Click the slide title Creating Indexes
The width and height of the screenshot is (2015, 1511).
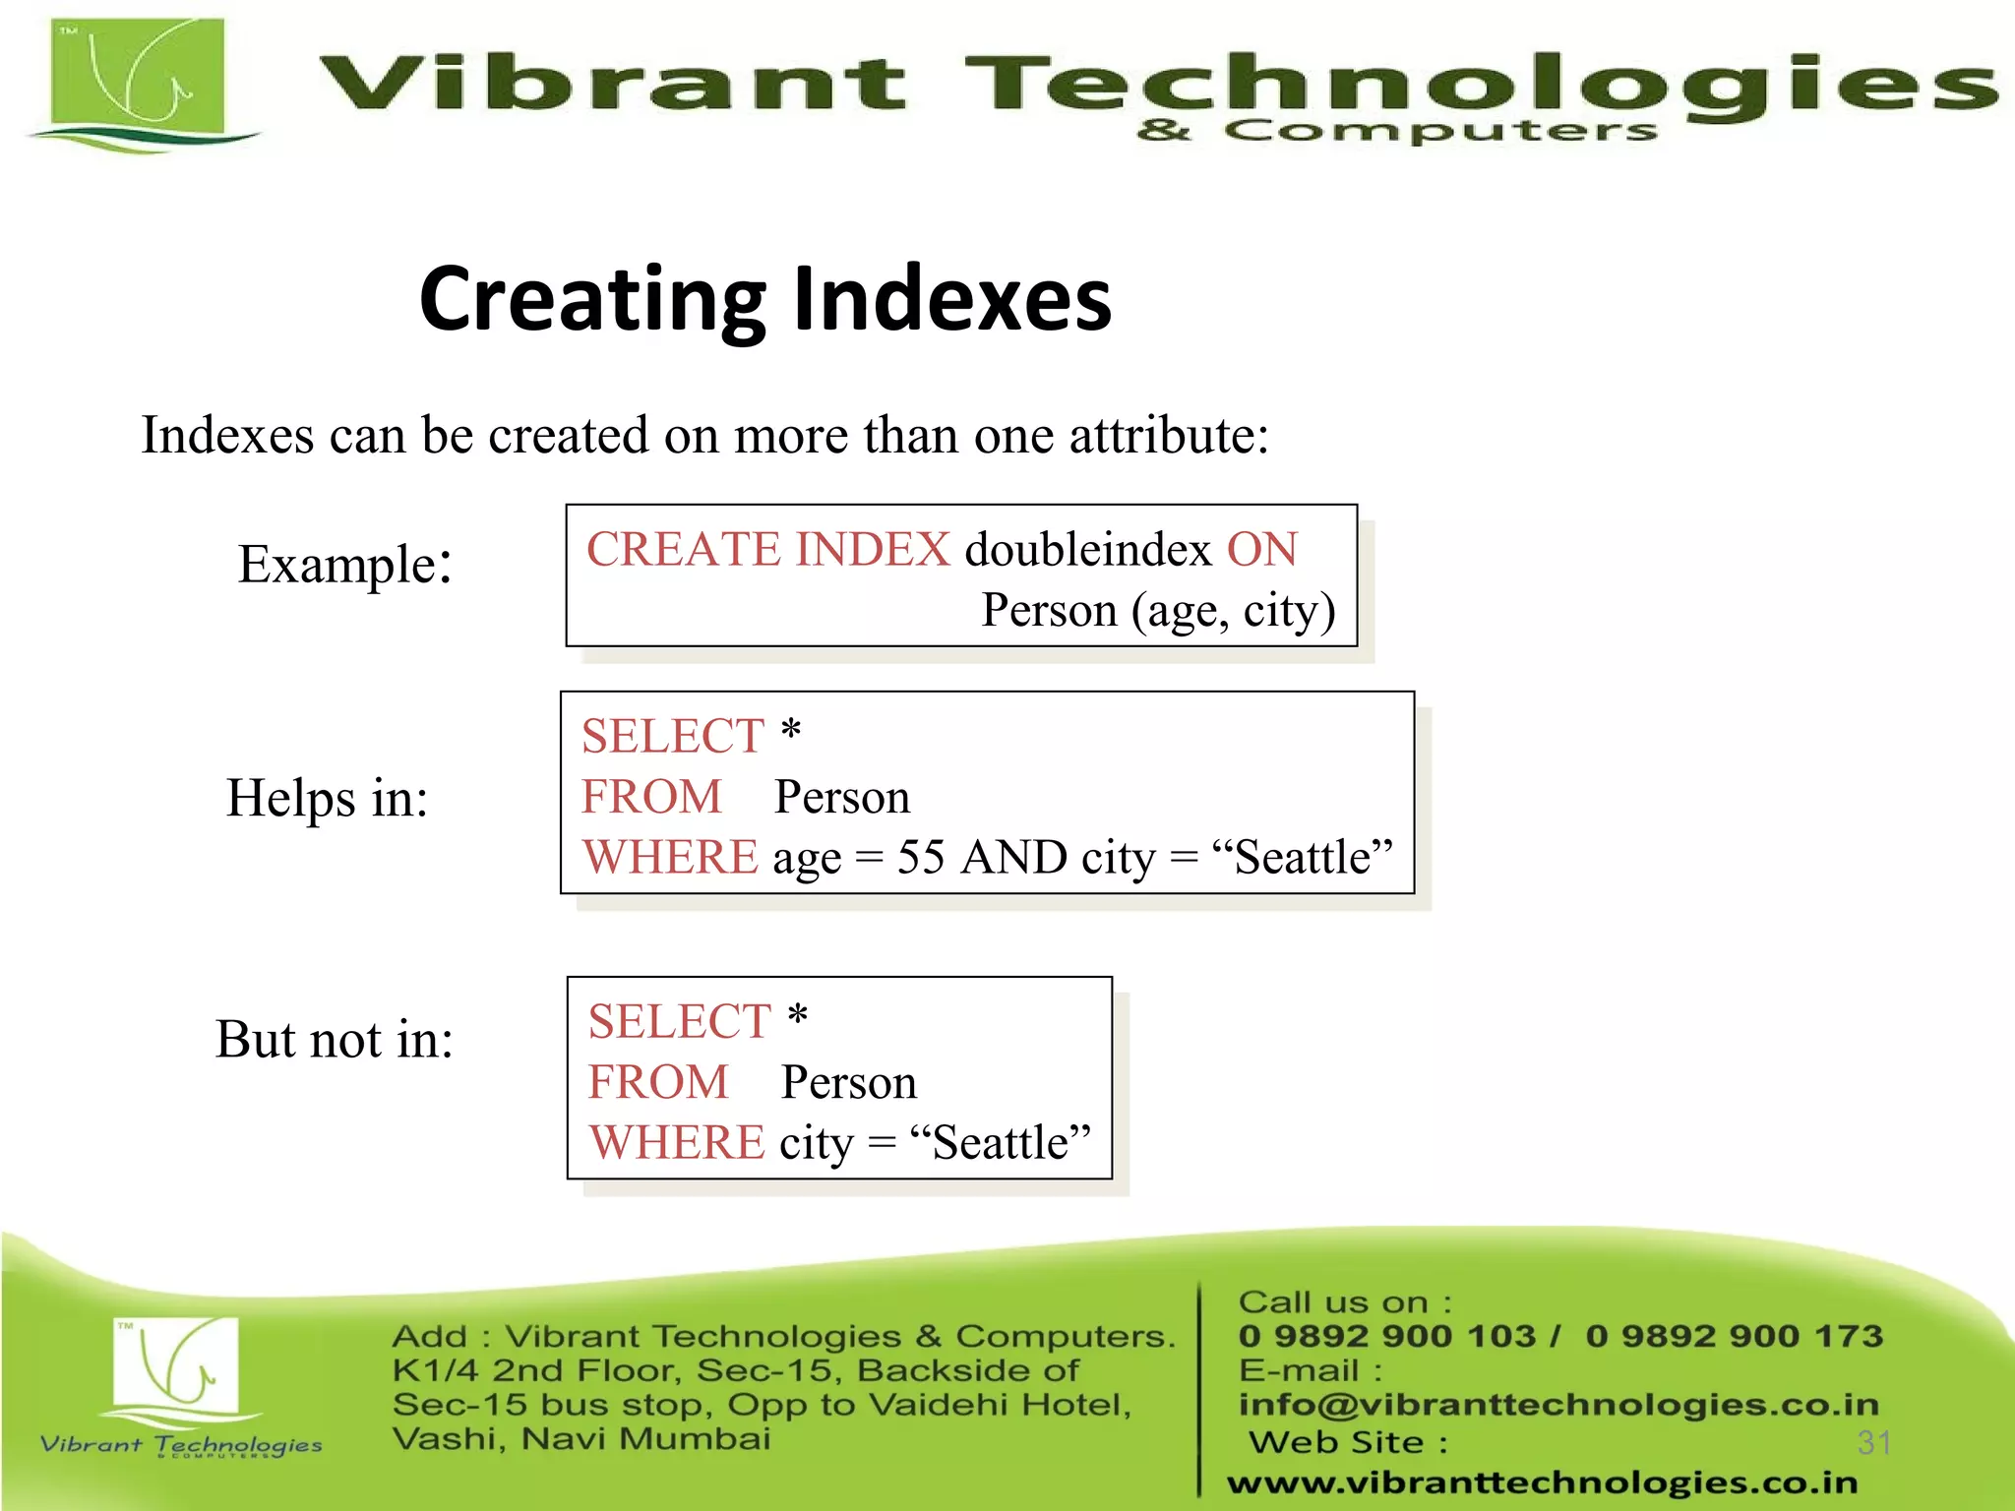click(x=764, y=299)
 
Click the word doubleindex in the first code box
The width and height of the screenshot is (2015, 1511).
click(x=1087, y=549)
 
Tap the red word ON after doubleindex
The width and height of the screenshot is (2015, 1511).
click(x=1261, y=549)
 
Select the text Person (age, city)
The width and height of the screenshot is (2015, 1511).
click(x=1158, y=611)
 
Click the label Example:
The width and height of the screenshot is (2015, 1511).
click(x=344, y=565)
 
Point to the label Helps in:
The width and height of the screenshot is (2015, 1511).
click(x=327, y=798)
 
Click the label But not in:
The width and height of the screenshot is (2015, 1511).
click(x=335, y=1040)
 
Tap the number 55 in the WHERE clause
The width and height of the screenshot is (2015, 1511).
click(x=920, y=858)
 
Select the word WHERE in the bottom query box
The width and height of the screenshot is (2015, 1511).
click(x=676, y=1143)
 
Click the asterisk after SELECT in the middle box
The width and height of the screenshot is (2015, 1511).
click(x=791, y=733)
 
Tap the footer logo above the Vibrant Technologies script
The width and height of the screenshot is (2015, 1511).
click(x=177, y=1367)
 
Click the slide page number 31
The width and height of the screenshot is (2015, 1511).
click(x=1873, y=1443)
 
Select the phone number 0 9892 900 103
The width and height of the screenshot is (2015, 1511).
click(x=1386, y=1336)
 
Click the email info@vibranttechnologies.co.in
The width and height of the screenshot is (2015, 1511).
click(x=1557, y=1405)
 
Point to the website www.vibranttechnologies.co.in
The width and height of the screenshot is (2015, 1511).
click(x=1542, y=1482)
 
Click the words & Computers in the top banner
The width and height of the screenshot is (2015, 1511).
click(x=1396, y=131)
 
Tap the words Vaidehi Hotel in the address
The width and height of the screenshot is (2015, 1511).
click(x=999, y=1405)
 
